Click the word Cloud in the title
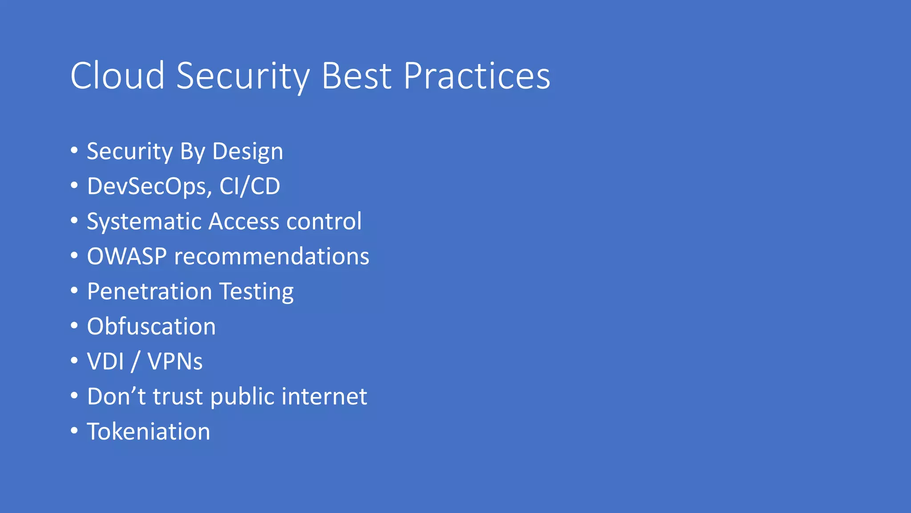tap(117, 76)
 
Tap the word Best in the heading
tap(356, 76)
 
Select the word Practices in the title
tap(477, 76)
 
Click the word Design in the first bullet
tap(247, 152)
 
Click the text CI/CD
tap(250, 187)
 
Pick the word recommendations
tap(271, 256)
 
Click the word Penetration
tap(149, 292)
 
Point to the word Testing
tap(256, 292)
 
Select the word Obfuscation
tap(151, 326)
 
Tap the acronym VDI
tap(105, 361)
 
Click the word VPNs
tap(175, 361)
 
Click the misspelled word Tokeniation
tap(149, 432)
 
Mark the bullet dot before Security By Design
tap(74, 150)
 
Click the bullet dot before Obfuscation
tap(74, 325)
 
